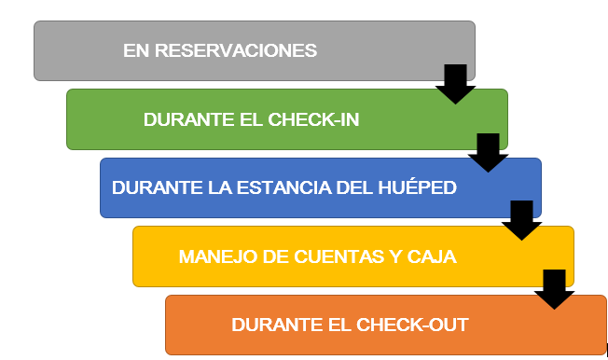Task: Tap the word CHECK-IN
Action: tap(313, 119)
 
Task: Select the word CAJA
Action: tap(430, 256)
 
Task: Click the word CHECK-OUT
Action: tap(416, 325)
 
